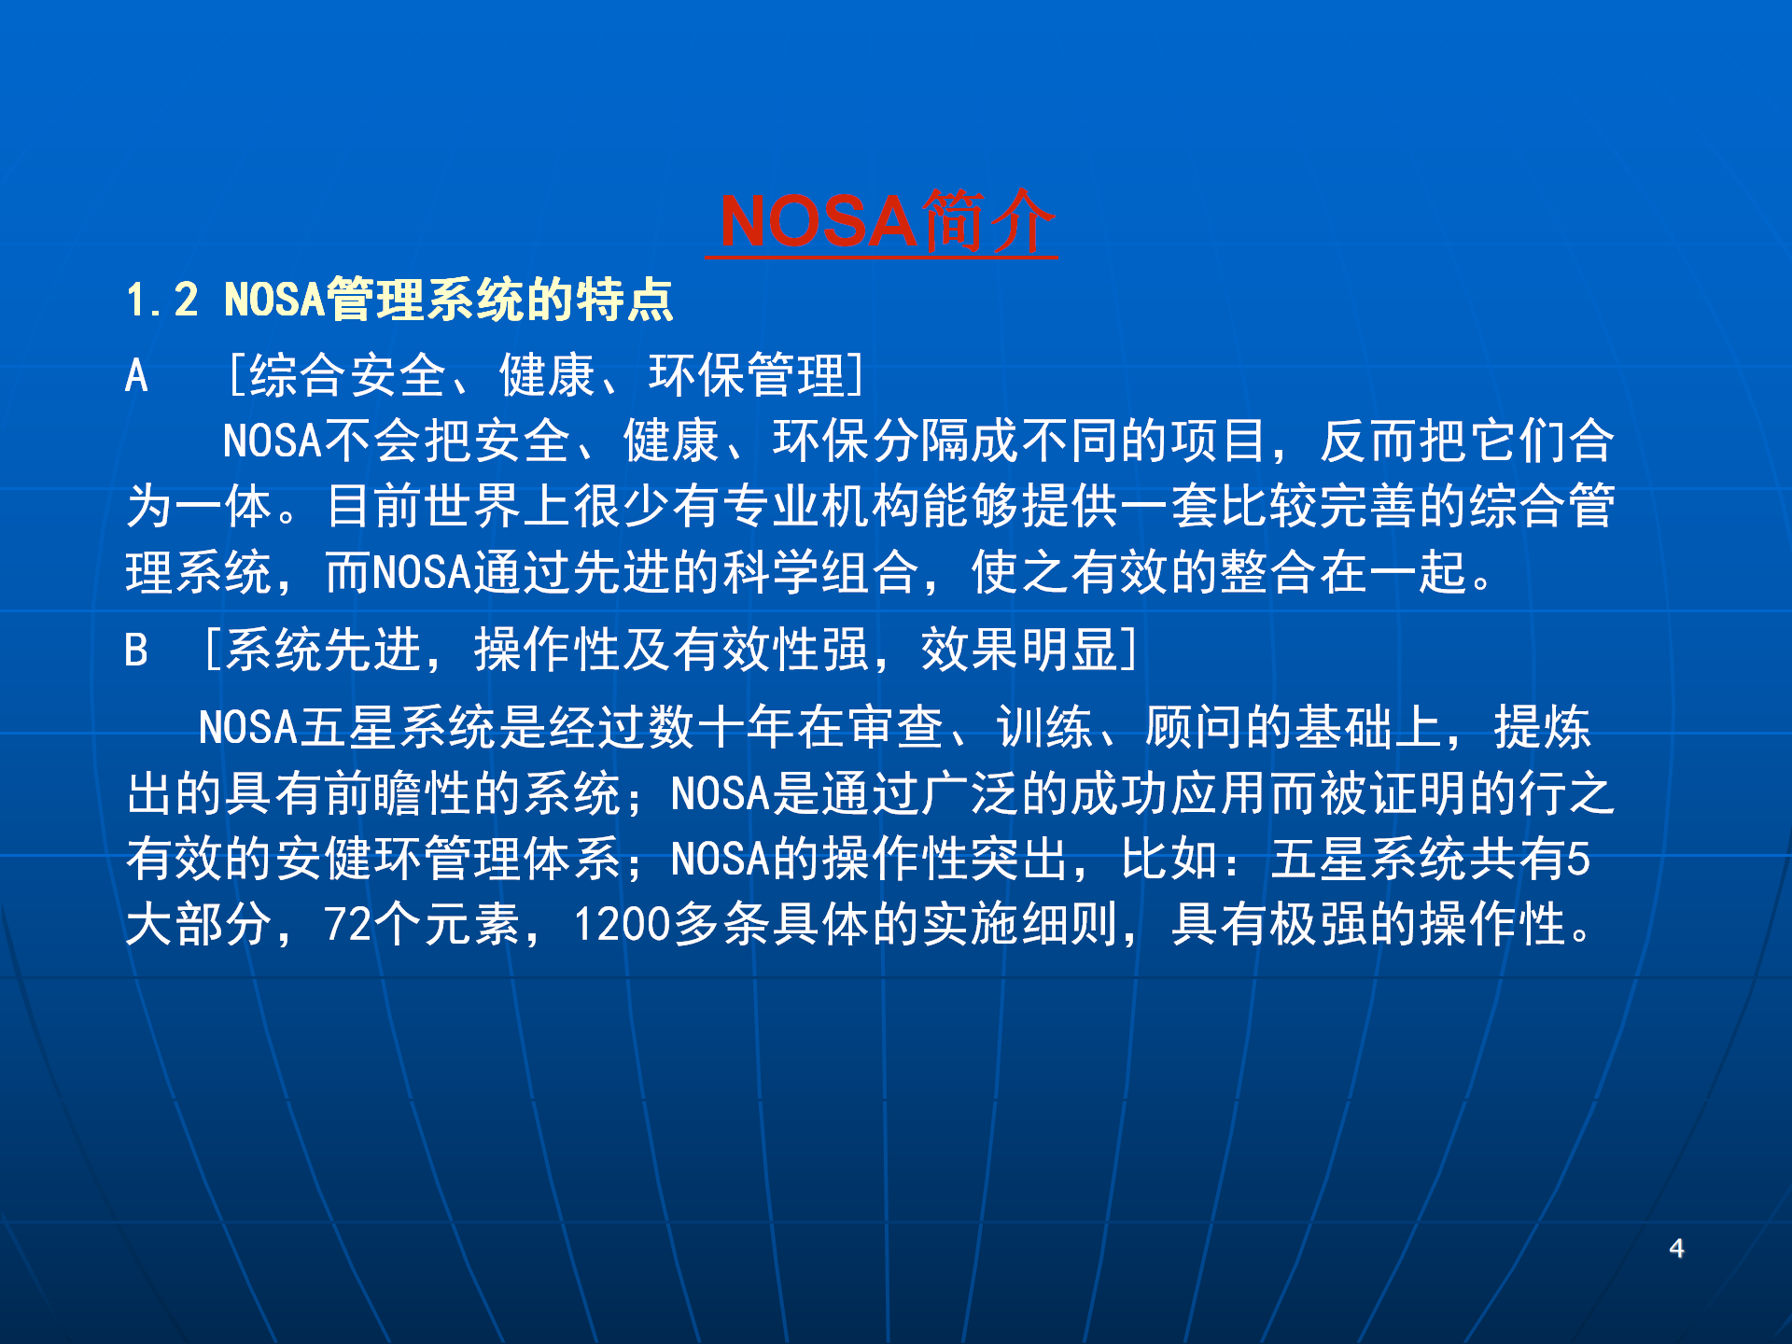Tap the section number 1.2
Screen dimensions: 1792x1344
point(162,301)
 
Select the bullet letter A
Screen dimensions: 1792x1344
point(136,376)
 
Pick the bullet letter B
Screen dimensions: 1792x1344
point(136,650)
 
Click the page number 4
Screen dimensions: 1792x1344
point(1676,1249)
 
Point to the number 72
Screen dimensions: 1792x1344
point(348,925)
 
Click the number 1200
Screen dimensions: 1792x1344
point(622,925)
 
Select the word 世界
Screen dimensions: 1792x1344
point(473,507)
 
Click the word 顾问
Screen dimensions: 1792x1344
point(1194,727)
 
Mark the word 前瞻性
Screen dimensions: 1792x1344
point(399,793)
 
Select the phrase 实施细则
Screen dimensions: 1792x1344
point(1020,925)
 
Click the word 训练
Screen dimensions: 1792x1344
point(1044,727)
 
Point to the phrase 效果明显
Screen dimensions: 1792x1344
point(1019,650)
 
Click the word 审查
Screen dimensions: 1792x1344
point(895,727)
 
